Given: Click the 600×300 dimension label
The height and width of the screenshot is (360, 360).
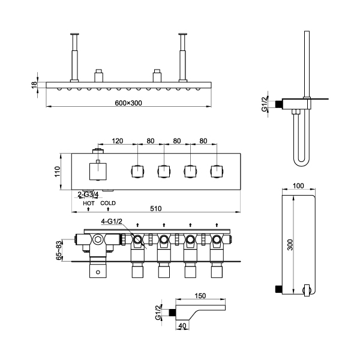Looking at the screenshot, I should [x=128, y=103].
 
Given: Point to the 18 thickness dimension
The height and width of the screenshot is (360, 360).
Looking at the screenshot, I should [x=34, y=86].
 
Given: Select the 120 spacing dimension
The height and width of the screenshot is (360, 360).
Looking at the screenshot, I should [x=118, y=141].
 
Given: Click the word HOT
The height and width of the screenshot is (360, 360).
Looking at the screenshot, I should [x=89, y=203].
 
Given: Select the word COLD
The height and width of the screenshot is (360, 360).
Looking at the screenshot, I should [x=108, y=203].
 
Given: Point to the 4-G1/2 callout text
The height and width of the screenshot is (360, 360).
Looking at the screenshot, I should [x=111, y=221].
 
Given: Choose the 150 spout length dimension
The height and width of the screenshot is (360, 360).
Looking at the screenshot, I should [x=200, y=296].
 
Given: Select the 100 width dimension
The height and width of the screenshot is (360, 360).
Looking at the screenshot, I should [x=299, y=186].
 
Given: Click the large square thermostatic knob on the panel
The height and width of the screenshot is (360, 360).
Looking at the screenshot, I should [x=98, y=172].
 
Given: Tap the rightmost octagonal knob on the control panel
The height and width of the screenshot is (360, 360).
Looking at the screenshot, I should [x=217, y=172].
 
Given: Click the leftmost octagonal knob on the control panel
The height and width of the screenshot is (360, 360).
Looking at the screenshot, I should [x=137, y=172].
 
